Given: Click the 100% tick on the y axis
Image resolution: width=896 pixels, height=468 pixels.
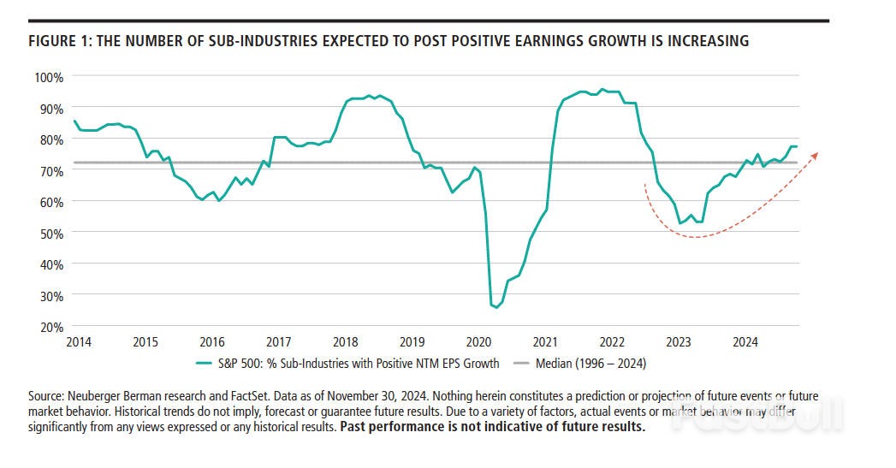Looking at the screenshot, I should point(49,77).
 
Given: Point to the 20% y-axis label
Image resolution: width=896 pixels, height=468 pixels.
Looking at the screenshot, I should point(51,327).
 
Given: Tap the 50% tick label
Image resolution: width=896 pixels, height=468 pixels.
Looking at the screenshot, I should point(51,233).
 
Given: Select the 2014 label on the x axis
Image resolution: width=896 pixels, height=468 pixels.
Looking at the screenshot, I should point(79,342).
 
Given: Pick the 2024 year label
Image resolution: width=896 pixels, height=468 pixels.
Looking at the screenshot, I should point(745,342).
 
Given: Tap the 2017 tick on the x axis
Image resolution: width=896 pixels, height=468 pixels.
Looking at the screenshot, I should point(279,342).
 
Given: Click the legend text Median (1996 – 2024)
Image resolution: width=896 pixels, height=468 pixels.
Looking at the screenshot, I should point(590,363).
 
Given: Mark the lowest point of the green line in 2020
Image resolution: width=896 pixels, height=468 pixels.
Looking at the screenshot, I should point(496,307).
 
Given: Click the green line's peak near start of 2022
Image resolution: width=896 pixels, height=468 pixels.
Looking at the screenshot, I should point(602,89).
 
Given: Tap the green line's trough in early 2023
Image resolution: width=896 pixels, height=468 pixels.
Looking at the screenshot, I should point(680,223).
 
